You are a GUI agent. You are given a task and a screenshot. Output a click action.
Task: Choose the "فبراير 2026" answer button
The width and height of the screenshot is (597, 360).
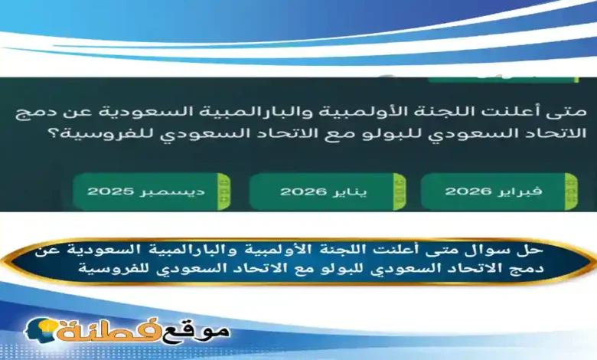(498, 191)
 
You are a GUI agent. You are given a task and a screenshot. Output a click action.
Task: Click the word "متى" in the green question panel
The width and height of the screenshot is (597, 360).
(569, 112)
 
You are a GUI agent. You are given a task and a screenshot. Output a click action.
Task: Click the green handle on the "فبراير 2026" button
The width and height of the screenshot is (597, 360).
(570, 191)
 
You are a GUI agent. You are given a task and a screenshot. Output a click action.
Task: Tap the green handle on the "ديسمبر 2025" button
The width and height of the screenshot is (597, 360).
(223, 191)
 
